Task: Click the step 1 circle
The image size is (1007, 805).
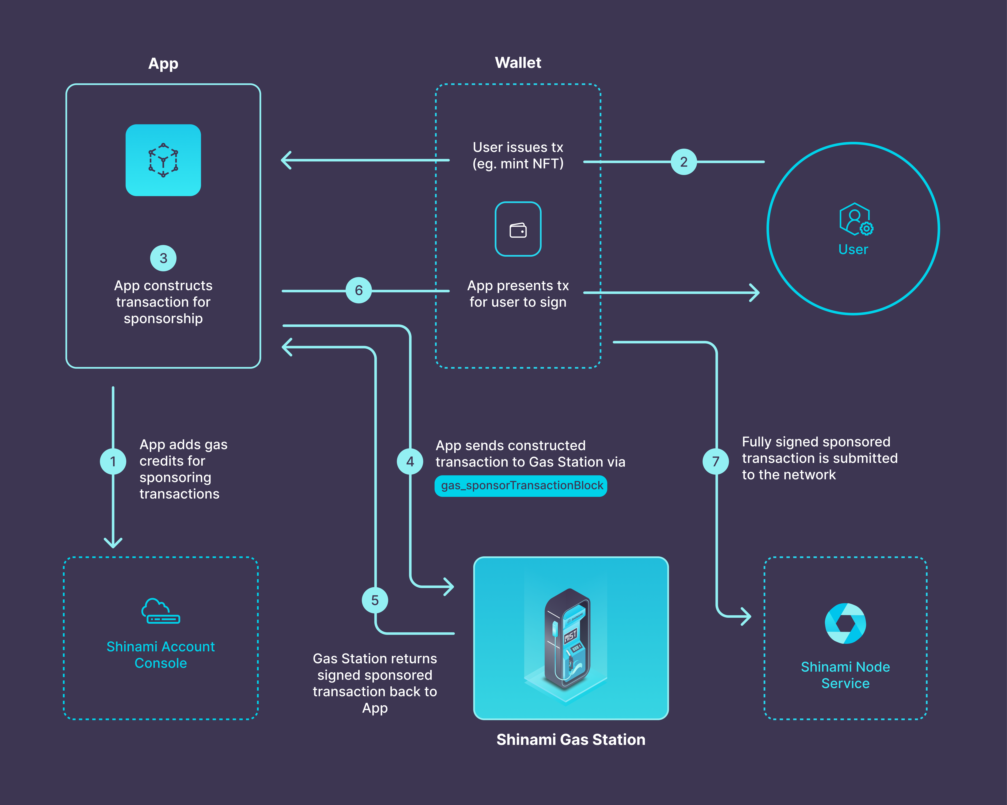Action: pyautogui.click(x=113, y=461)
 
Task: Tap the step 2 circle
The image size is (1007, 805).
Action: pyautogui.click(x=683, y=162)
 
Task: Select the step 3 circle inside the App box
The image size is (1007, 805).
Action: pyautogui.click(x=163, y=258)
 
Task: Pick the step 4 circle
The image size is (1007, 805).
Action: pyautogui.click(x=410, y=461)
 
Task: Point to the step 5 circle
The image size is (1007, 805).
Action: pyautogui.click(x=375, y=600)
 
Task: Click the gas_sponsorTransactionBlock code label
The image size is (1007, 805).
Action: pyautogui.click(x=521, y=486)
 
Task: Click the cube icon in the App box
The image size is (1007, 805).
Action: pyautogui.click(x=163, y=160)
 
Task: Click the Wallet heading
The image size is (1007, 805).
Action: pyautogui.click(x=518, y=62)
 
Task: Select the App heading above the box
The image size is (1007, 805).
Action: pyautogui.click(x=163, y=64)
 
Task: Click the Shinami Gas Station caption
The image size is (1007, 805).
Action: pyautogui.click(x=571, y=740)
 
